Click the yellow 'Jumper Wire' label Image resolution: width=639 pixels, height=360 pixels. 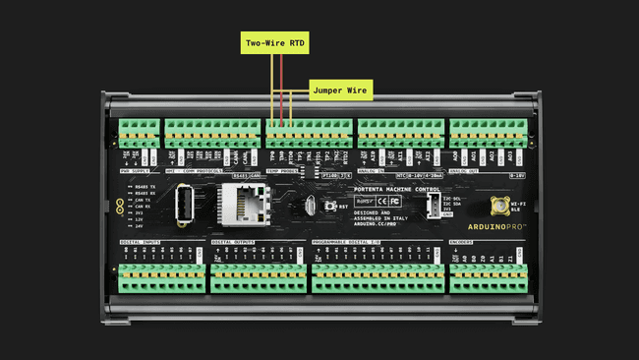[340, 90]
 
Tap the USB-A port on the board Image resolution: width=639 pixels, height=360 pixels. [183, 205]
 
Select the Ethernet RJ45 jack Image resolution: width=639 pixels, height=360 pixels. [238, 203]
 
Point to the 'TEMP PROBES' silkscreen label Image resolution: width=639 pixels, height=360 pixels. [284, 171]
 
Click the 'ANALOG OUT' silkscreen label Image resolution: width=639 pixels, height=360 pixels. [468, 171]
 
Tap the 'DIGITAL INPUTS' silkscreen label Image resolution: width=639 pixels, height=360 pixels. [140, 240]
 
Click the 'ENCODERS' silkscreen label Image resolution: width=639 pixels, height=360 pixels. [466, 240]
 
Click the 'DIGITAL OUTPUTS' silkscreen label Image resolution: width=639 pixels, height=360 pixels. [232, 240]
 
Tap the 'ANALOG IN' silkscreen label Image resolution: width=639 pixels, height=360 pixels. [375, 171]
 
